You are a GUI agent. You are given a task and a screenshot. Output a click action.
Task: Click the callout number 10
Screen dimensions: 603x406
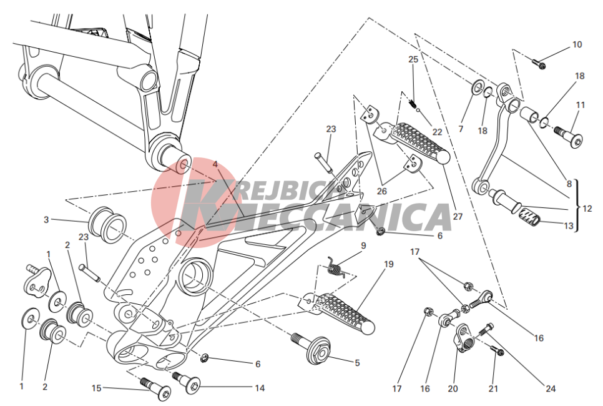coord(577,44)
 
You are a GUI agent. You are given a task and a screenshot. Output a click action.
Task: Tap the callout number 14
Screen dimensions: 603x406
coord(260,388)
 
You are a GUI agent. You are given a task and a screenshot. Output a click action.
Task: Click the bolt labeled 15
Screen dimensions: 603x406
coord(156,389)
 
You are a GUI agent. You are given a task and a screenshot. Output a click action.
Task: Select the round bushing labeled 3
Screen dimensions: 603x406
coord(107,225)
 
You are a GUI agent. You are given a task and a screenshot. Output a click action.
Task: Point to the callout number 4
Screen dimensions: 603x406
coord(215,164)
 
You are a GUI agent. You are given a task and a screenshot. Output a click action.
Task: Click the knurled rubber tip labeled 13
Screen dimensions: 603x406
coord(530,216)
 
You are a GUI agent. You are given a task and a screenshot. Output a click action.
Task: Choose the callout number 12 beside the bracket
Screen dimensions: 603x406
coord(587,209)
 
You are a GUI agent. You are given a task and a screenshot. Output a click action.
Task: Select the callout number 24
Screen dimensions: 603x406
coord(551,389)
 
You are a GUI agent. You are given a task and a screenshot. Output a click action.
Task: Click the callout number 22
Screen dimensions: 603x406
coord(437,132)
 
